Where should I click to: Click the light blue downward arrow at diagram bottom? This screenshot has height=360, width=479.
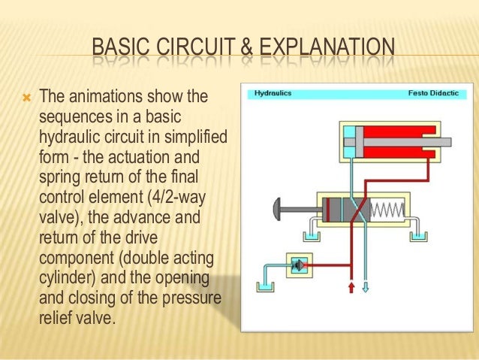(x=366, y=288)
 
